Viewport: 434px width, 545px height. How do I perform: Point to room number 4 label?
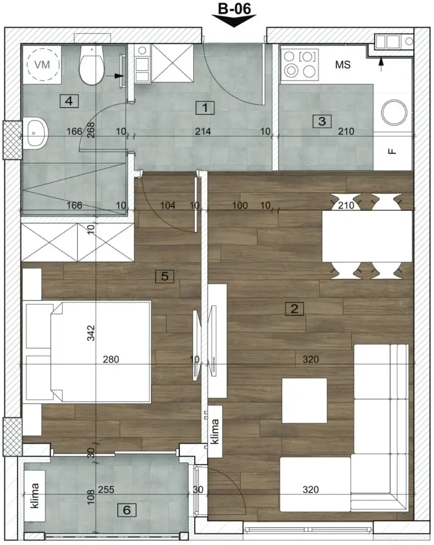pos(69,101)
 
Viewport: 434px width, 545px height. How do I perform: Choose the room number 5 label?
pos(164,275)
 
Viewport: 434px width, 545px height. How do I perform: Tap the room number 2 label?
pos(294,309)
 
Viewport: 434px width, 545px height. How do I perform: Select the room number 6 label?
pos(127,510)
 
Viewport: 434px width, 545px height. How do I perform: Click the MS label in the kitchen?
pos(343,65)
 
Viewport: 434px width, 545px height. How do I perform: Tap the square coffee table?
pos(304,401)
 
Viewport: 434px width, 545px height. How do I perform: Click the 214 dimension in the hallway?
pos(203,132)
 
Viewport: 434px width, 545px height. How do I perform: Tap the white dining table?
pos(367,236)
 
